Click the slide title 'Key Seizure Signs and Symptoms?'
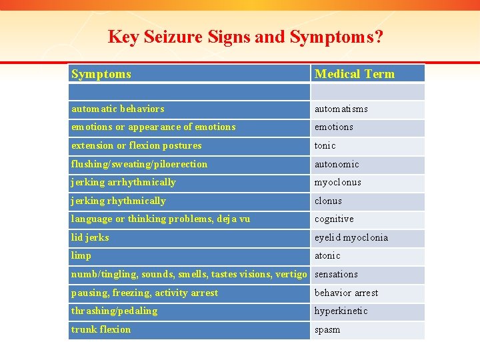tap(245, 37)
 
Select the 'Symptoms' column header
tap(101, 74)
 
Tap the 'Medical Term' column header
tap(355, 74)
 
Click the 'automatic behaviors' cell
tap(118, 109)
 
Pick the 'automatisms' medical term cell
tap(341, 109)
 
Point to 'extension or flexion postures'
tap(136, 145)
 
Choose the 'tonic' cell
tap(325, 145)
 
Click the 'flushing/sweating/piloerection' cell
tap(139, 164)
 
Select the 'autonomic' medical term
tap(337, 164)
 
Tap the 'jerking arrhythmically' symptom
tap(123, 182)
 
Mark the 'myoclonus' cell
tap(338, 182)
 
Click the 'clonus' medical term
tap(328, 201)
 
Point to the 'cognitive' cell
tap(334, 219)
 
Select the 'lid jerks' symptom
tap(90, 237)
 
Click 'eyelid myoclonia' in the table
tap(351, 237)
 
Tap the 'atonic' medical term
tap(327, 255)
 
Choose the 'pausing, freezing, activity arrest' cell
tap(145, 293)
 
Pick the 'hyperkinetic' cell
tap(341, 311)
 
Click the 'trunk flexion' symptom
tap(101, 329)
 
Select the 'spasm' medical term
tap(327, 329)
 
